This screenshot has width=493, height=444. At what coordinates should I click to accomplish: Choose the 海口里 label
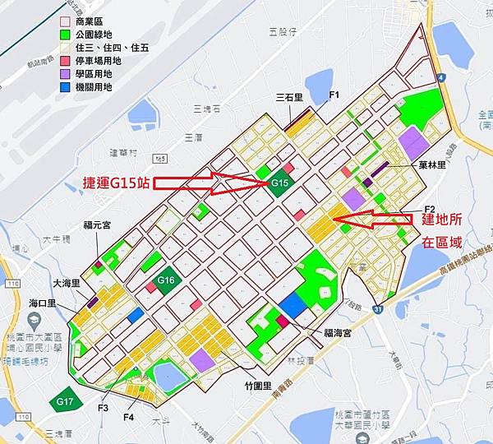pos(40,303)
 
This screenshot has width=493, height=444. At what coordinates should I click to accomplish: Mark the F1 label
pos(334,95)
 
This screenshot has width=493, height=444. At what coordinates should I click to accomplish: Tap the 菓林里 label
pos(431,164)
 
